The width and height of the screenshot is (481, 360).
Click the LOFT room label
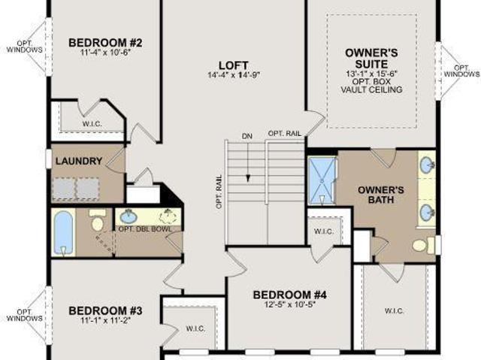pos(234,65)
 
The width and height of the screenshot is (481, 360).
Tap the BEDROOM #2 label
pos(105,43)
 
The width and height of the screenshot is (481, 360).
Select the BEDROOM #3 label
pos(105,310)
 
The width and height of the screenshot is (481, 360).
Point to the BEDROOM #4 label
pos(289,295)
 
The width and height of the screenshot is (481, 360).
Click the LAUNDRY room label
pos(79,161)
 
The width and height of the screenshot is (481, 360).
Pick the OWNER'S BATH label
pos(381,195)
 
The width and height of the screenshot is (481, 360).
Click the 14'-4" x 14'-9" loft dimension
pos(234,75)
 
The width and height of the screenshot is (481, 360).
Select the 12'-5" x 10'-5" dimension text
pos(290,304)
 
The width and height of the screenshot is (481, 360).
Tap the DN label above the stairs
pos(247,136)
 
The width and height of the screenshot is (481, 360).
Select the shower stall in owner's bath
pos(322,180)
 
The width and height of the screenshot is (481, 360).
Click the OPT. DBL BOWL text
pos(145,229)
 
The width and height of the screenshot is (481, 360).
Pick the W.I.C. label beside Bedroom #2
pos(92,124)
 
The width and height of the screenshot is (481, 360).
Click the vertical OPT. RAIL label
pos(219,192)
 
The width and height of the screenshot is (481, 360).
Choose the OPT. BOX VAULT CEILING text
pos(371,86)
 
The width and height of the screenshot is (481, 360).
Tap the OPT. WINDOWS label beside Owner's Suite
pos(461,71)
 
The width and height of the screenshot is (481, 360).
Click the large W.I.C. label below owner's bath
pos(394,311)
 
